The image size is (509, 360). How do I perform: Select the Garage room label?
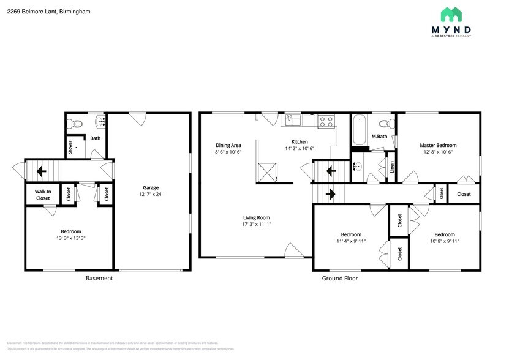(151, 187)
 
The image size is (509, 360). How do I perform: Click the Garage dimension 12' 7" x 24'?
(151, 195)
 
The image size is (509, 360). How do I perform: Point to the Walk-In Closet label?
(43, 195)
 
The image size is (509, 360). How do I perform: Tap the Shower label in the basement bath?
(70, 147)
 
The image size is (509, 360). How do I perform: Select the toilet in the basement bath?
(75, 123)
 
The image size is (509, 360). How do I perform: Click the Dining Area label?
(228, 145)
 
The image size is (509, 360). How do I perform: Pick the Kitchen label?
(300, 141)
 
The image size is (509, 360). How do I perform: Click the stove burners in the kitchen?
(326, 121)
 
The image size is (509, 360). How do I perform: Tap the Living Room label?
(256, 217)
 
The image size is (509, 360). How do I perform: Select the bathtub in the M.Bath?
(360, 130)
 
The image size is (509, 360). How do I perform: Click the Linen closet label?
(392, 167)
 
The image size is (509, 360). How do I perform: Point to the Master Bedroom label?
(437, 145)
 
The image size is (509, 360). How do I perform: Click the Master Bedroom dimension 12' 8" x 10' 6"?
(437, 152)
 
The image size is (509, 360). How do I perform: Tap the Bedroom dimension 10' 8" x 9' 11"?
(444, 241)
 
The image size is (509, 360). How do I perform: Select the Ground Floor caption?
(340, 278)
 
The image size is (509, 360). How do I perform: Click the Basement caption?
(99, 278)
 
